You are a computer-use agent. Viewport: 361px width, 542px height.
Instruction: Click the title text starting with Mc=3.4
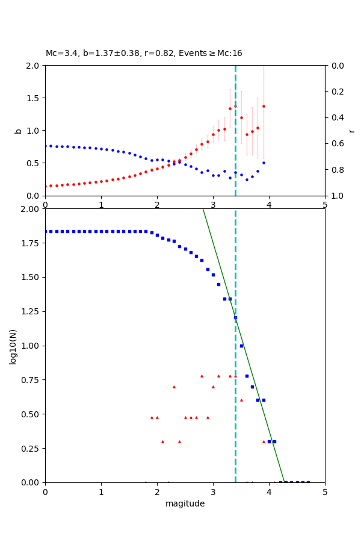pos(144,54)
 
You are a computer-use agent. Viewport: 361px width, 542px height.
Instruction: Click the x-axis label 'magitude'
pos(185,503)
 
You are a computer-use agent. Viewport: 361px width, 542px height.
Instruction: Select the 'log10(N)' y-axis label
pos(13,346)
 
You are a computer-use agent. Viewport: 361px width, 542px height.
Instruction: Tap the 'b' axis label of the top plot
pos(18,131)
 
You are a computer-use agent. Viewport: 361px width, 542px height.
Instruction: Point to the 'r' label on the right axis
pos(351,131)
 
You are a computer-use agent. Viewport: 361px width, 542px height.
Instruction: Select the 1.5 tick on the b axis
pos(32,98)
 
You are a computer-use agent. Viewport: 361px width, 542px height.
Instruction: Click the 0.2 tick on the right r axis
pos(338,92)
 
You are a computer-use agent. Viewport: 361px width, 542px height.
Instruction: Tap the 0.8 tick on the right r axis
pos(338,170)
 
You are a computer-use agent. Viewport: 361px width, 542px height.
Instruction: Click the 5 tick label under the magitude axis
pos(325,492)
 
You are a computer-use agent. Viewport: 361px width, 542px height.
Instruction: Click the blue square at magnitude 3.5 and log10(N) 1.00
pos(241,346)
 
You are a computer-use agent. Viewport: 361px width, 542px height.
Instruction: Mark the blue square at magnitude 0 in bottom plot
pos(45,231)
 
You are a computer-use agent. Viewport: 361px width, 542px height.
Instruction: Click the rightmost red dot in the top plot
pos(264,106)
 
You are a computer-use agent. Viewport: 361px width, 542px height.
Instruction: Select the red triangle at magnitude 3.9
pos(264,441)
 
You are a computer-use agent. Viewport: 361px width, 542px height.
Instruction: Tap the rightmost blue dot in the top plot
pos(264,163)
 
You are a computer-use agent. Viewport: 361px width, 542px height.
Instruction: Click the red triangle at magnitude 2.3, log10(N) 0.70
pos(174,387)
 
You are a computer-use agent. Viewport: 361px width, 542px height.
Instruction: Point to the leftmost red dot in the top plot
pos(45,186)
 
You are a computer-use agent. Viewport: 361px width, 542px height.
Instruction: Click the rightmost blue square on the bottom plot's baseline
pos(308,482)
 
